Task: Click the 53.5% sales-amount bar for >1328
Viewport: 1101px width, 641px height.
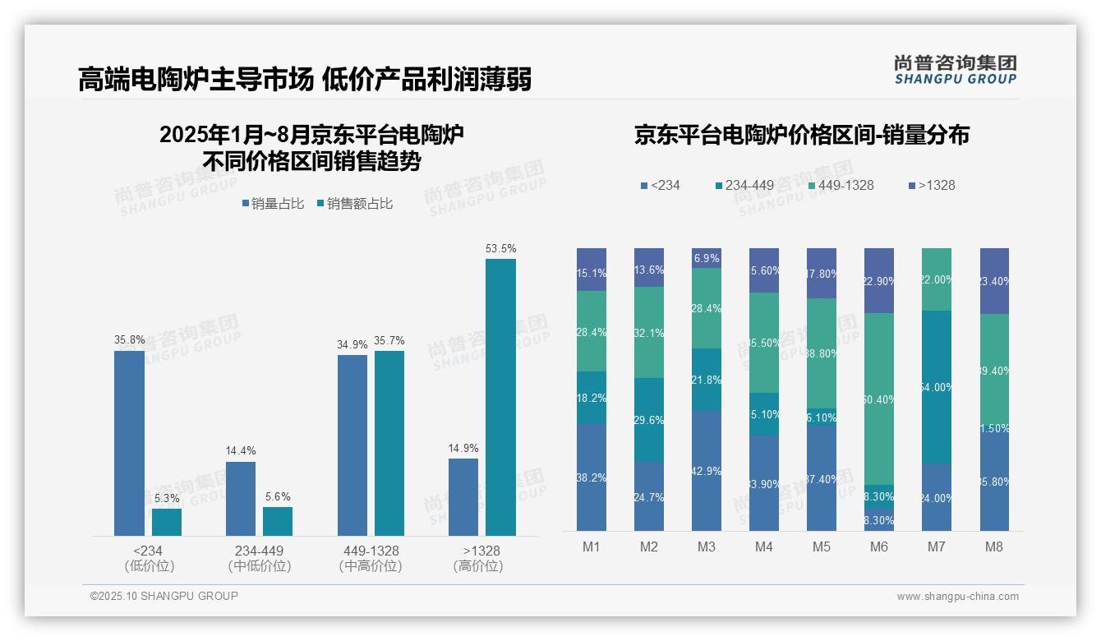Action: [x=500, y=397]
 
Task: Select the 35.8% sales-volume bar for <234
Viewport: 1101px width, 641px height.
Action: [x=129, y=443]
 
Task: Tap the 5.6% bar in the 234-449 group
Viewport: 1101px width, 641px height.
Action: [x=278, y=521]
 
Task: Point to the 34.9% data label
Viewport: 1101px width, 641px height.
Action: [x=352, y=344]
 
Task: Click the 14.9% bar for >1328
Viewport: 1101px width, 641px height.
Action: [x=463, y=496]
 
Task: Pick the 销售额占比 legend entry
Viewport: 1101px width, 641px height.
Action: [x=354, y=204]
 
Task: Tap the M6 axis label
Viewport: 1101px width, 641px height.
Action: [x=879, y=546]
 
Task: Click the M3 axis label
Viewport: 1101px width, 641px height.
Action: [x=707, y=546]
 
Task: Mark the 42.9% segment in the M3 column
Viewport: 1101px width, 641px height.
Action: [x=707, y=471]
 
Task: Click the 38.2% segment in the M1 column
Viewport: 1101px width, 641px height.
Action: [x=592, y=477]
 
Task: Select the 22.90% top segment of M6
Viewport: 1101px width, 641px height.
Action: [x=879, y=280]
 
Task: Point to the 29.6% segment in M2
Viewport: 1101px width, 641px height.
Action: [x=649, y=420]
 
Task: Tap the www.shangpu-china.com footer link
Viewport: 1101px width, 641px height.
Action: [x=957, y=597]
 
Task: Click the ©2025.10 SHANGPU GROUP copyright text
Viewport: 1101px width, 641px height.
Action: [x=164, y=596]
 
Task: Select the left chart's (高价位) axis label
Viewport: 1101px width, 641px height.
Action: [x=477, y=566]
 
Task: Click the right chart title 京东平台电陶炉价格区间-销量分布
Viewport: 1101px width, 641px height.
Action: [x=801, y=135]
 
